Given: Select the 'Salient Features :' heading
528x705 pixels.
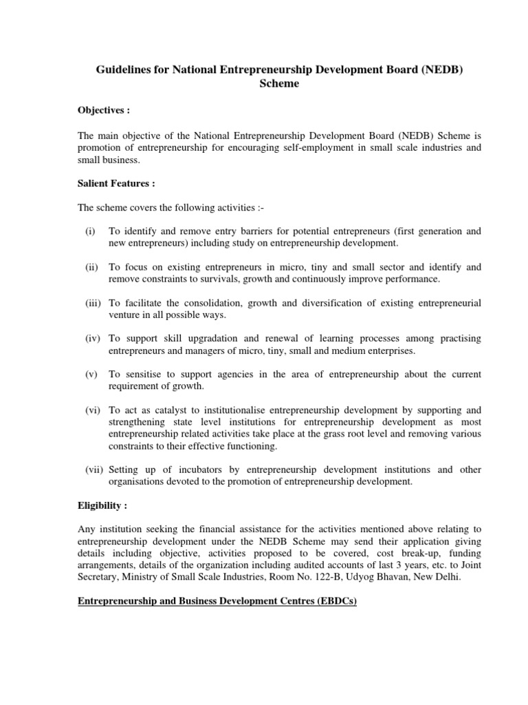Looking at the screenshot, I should [x=116, y=184].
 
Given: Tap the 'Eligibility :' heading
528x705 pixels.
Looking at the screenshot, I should [x=102, y=505].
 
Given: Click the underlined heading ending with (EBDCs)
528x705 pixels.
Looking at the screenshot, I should [x=217, y=602].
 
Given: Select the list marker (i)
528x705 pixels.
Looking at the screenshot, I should [x=90, y=231].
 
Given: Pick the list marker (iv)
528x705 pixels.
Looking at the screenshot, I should [x=93, y=339].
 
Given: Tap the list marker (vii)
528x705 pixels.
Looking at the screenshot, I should [x=94, y=470].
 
